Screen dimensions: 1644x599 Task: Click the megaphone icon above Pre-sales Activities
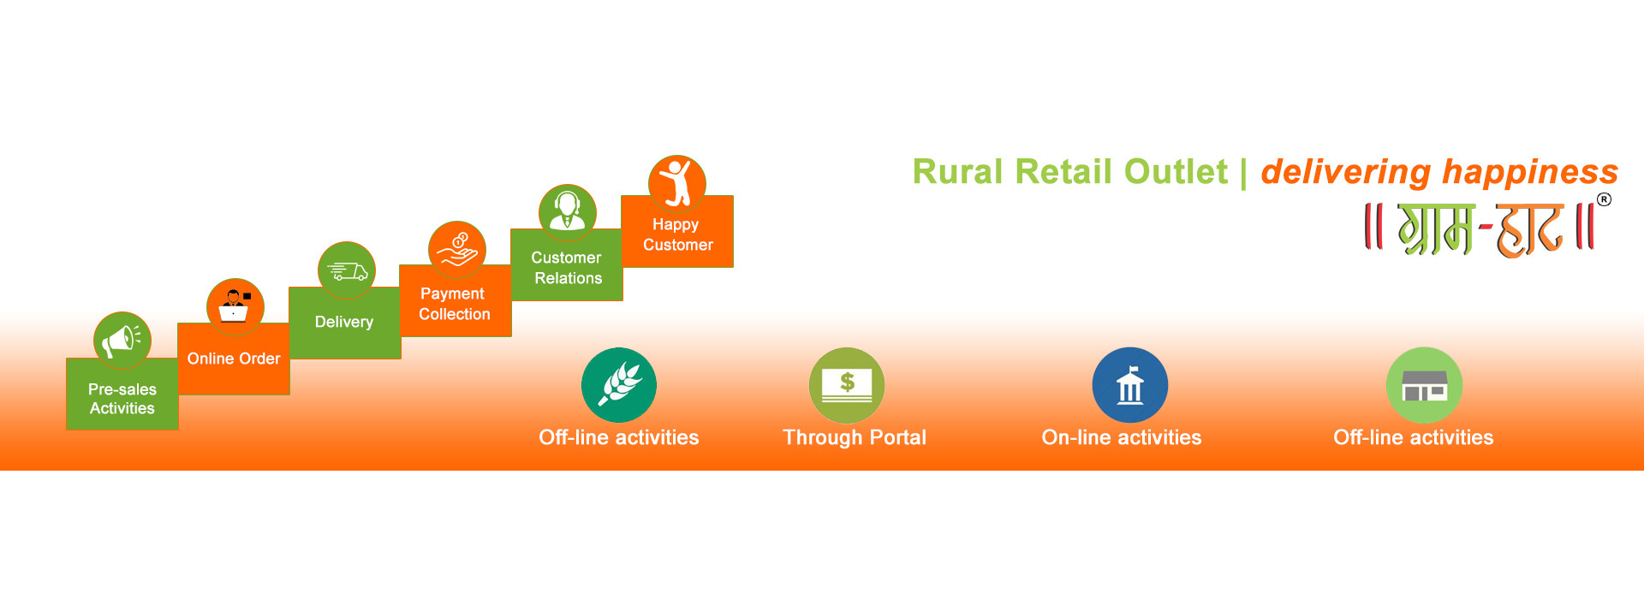tap(122, 341)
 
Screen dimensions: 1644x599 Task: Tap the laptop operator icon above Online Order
tap(235, 306)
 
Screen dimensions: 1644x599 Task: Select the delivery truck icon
tap(346, 270)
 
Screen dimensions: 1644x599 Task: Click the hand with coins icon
tap(457, 250)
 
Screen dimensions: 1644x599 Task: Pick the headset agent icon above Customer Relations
tap(568, 213)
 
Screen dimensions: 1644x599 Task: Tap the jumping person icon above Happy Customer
tap(677, 184)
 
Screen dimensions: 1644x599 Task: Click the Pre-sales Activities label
tap(122, 399)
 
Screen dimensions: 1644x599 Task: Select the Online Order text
tap(234, 359)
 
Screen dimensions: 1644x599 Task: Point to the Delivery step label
tap(344, 322)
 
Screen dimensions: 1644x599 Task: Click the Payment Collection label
tap(455, 304)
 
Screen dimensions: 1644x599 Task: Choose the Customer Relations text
tap(567, 268)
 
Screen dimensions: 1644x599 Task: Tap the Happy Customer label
tap(677, 234)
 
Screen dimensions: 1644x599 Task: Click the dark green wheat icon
tap(619, 385)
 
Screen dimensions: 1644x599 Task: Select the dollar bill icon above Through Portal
tap(847, 385)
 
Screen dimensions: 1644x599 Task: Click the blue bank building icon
tap(1130, 385)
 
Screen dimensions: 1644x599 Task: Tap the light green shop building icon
tap(1424, 385)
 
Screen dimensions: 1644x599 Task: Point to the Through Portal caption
tap(855, 437)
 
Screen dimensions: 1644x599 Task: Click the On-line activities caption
tap(1122, 437)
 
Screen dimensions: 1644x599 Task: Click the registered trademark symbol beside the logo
tap(1604, 199)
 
